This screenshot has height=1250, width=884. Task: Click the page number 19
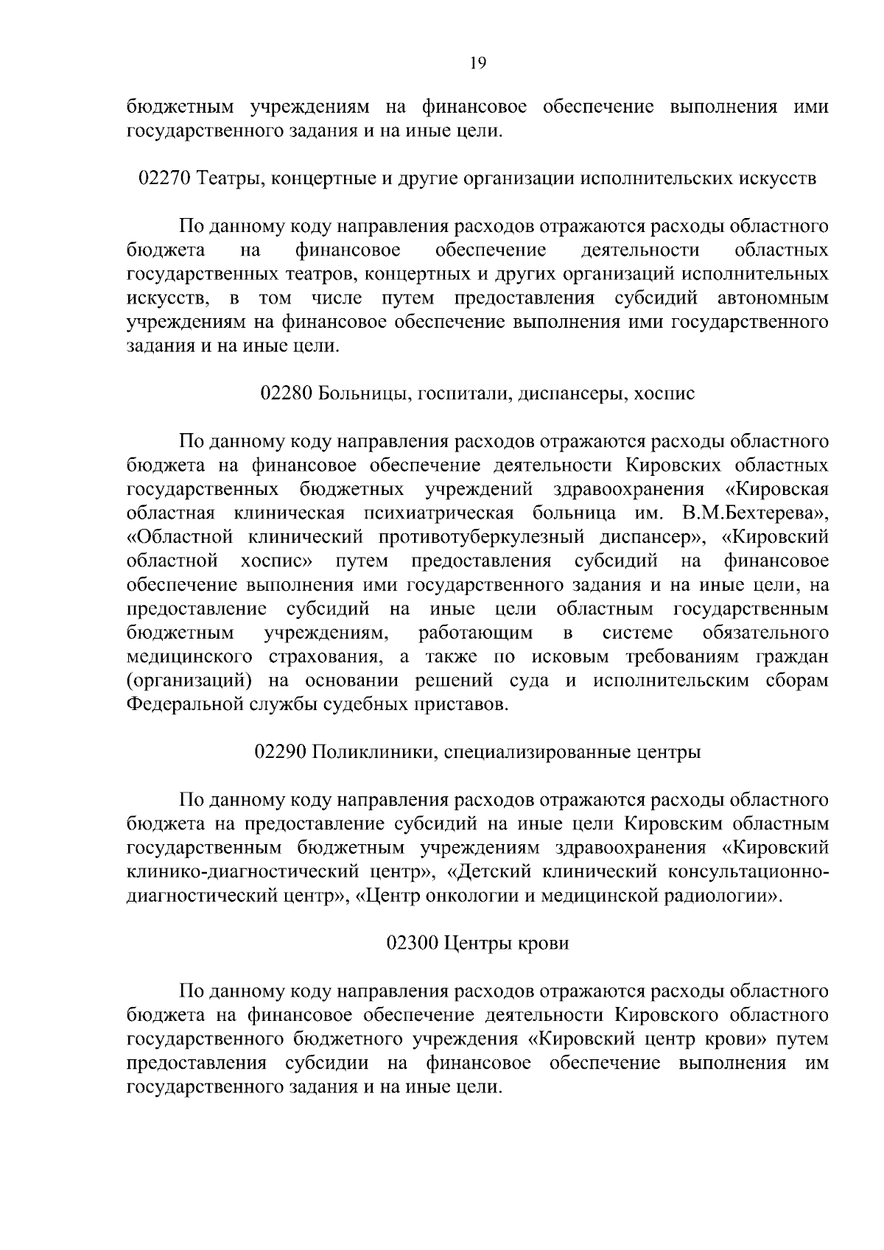tap(477, 63)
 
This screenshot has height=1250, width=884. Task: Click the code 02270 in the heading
tap(165, 179)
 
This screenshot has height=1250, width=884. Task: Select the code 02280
tap(287, 393)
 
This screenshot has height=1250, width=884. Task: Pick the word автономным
tap(773, 298)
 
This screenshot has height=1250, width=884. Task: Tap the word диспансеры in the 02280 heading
tap(569, 394)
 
